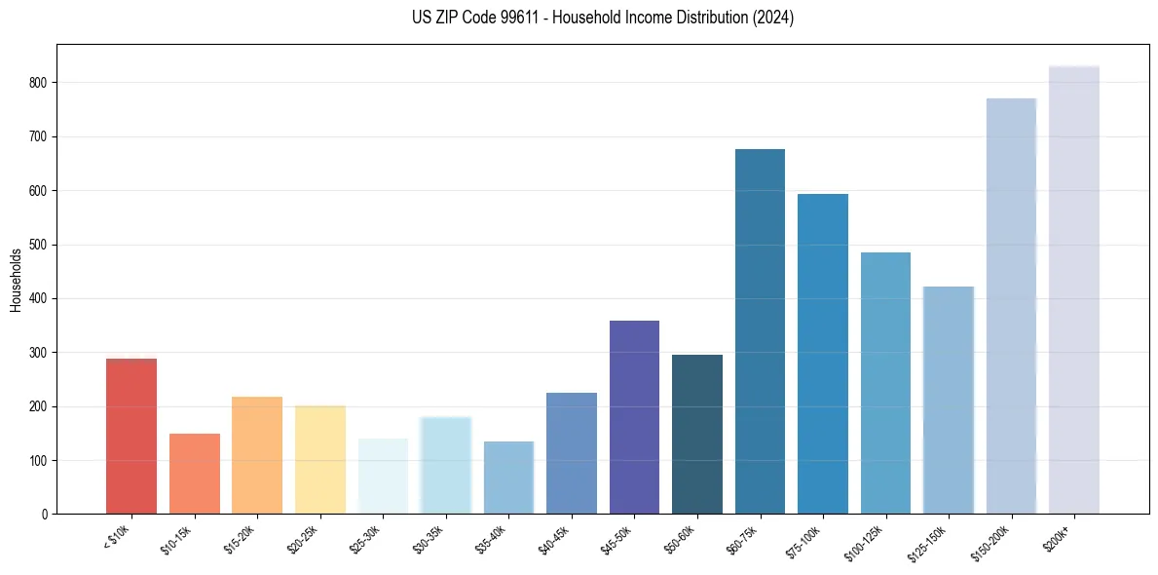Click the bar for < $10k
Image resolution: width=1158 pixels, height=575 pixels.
[x=131, y=436]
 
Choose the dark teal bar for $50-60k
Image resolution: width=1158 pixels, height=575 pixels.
[x=697, y=434]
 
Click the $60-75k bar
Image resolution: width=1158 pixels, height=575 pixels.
[x=760, y=331]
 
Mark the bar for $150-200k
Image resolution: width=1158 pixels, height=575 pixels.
[x=1011, y=306]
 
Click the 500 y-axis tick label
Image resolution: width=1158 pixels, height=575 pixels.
[x=37, y=245]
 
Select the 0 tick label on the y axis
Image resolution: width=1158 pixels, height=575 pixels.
[x=44, y=514]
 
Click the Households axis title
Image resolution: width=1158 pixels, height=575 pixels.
[x=17, y=280]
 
